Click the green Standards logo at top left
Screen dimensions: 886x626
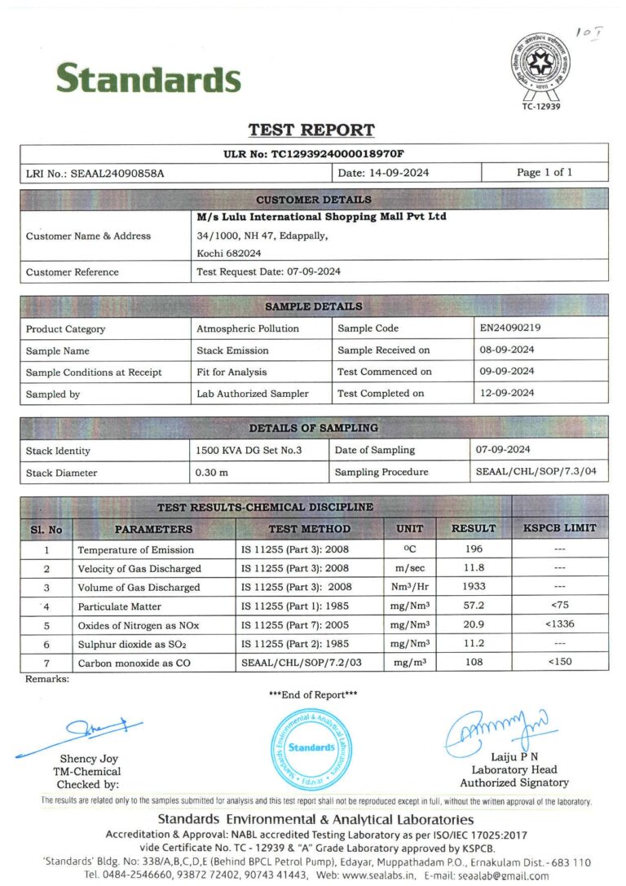click(148, 78)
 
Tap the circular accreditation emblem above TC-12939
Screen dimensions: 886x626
click(540, 62)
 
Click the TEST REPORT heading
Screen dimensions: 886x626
click(311, 130)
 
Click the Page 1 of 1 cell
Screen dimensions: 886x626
click(544, 172)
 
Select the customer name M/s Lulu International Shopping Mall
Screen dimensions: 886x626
click(322, 218)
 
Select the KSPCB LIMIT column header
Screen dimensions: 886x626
click(559, 528)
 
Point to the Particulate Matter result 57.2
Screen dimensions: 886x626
click(474, 606)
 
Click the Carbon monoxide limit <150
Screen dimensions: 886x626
click(559, 662)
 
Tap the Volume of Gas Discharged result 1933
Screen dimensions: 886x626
click(474, 587)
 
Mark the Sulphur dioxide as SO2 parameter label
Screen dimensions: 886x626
click(134, 644)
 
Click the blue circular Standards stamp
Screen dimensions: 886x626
click(311, 747)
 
